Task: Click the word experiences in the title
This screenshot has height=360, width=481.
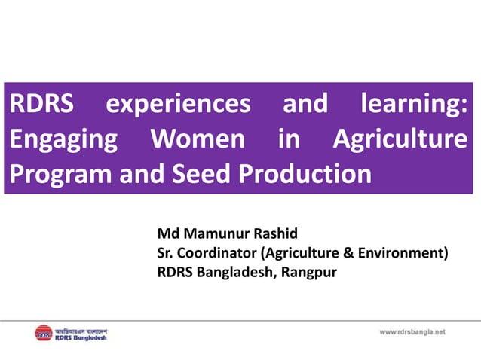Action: click(x=177, y=104)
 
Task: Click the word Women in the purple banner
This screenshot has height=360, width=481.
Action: click(x=198, y=139)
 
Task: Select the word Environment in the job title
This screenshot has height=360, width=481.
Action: click(x=400, y=252)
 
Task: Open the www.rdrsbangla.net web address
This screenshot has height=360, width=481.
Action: click(x=412, y=331)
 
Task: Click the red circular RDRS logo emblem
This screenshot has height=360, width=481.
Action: click(x=44, y=332)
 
